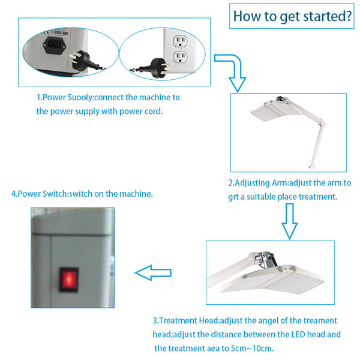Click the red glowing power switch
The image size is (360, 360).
69,279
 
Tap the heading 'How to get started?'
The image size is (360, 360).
292,16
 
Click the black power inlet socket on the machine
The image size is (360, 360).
54,46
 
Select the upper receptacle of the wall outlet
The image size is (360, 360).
180,41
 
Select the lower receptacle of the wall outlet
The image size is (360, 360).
180,58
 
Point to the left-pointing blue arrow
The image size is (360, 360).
153,273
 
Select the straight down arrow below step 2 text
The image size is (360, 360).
290,221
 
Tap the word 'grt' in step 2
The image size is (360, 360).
233,197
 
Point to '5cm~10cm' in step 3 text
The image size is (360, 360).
252,349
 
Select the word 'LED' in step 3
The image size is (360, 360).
298,334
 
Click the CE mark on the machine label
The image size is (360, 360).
46,32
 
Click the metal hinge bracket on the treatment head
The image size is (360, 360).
266,259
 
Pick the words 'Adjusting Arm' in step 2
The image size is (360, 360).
261,183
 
